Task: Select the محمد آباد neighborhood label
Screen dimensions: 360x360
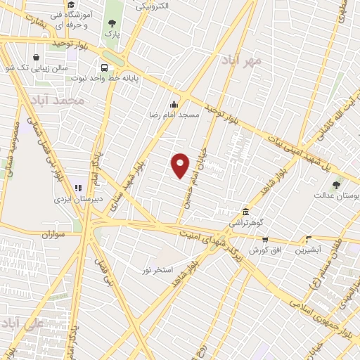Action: click(63, 101)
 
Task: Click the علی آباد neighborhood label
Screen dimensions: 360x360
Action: click(22, 324)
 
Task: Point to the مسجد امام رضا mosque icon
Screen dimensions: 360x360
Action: click(173, 103)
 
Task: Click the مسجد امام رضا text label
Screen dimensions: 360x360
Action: click(173, 114)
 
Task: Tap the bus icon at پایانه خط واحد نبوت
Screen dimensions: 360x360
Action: click(104, 68)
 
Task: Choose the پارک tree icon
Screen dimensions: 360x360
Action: click(112, 21)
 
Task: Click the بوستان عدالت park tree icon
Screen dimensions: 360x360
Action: click(335, 185)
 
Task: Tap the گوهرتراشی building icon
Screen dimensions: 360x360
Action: click(245, 212)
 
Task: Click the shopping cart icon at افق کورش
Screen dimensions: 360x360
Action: click(265, 240)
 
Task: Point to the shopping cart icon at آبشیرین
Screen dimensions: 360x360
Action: click(308, 240)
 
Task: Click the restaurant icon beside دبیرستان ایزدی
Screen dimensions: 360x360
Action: click(78, 188)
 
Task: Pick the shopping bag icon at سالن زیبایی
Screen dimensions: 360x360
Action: click(36, 58)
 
